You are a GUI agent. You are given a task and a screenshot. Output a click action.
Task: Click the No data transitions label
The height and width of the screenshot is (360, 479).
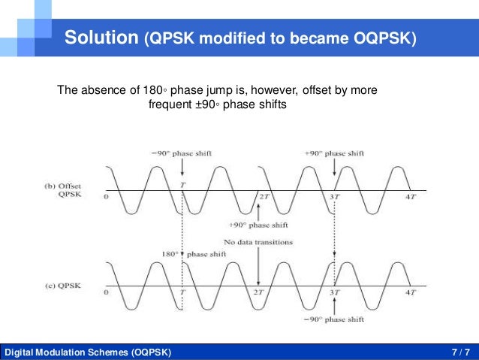click(258, 241)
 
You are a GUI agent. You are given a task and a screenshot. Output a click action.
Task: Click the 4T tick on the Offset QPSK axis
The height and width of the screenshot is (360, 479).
click(409, 197)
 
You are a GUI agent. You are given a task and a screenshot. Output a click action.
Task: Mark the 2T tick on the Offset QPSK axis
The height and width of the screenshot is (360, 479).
click(264, 197)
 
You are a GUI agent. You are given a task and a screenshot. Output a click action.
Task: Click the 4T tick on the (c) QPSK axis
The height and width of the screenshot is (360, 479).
click(409, 292)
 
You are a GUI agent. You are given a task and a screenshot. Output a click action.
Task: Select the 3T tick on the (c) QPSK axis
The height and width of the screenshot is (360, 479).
click(336, 292)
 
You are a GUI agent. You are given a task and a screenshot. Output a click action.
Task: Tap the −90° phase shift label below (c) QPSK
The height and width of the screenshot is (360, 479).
click(334, 319)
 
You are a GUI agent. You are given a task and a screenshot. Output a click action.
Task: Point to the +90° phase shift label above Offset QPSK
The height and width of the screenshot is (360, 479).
click(334, 153)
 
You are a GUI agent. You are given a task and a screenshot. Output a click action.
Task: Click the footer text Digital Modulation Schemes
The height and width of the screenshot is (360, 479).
click(66, 352)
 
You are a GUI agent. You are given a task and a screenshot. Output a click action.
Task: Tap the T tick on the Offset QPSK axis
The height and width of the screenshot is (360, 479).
click(182, 183)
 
